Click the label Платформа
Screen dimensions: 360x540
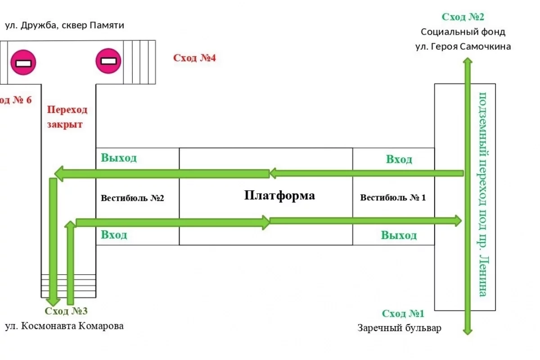[279, 196]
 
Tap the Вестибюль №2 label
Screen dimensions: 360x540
[132, 198]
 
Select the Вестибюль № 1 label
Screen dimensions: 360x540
[393, 197]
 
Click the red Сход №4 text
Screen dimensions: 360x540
[195, 58]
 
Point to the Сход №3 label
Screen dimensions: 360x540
[66, 311]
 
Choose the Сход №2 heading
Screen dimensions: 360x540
[463, 17]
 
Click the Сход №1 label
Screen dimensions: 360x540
[403, 314]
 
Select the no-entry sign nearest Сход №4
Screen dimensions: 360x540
[108, 60]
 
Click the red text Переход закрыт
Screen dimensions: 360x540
[67, 117]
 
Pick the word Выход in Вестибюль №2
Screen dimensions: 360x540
[119, 158]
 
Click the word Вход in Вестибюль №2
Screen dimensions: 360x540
[114, 234]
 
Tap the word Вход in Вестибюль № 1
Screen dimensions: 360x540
[399, 159]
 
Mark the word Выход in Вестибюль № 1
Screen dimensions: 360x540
[399, 235]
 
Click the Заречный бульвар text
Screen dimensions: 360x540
[400, 328]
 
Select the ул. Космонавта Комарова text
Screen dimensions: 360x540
[64, 326]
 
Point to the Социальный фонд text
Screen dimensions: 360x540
[463, 32]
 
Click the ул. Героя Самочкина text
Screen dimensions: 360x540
[463, 46]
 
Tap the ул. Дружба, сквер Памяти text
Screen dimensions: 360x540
[64, 26]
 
